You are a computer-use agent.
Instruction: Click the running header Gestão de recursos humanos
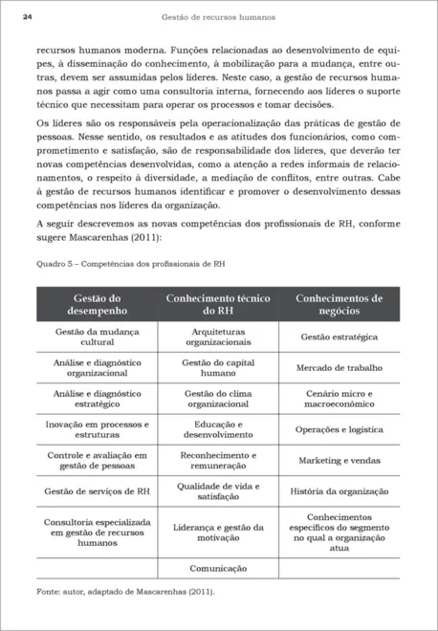tap(218, 17)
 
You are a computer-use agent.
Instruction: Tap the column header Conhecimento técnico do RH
tap(218, 304)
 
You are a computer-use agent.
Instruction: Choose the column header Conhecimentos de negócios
tap(339, 304)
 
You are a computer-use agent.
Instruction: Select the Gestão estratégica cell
tap(339, 337)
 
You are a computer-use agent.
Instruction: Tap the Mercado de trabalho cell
tap(339, 367)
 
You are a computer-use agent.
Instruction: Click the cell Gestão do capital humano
tap(218, 368)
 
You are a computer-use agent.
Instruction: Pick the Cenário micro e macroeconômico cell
tap(339, 399)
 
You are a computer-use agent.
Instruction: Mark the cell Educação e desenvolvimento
tap(218, 429)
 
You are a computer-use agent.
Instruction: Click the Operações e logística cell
tap(339, 430)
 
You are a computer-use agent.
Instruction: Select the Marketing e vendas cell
tap(339, 460)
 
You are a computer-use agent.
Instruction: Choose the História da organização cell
tap(339, 491)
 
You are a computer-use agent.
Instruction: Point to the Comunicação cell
tap(218, 567)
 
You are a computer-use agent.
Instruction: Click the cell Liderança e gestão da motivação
tap(218, 533)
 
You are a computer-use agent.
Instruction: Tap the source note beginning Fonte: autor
tap(125, 591)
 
